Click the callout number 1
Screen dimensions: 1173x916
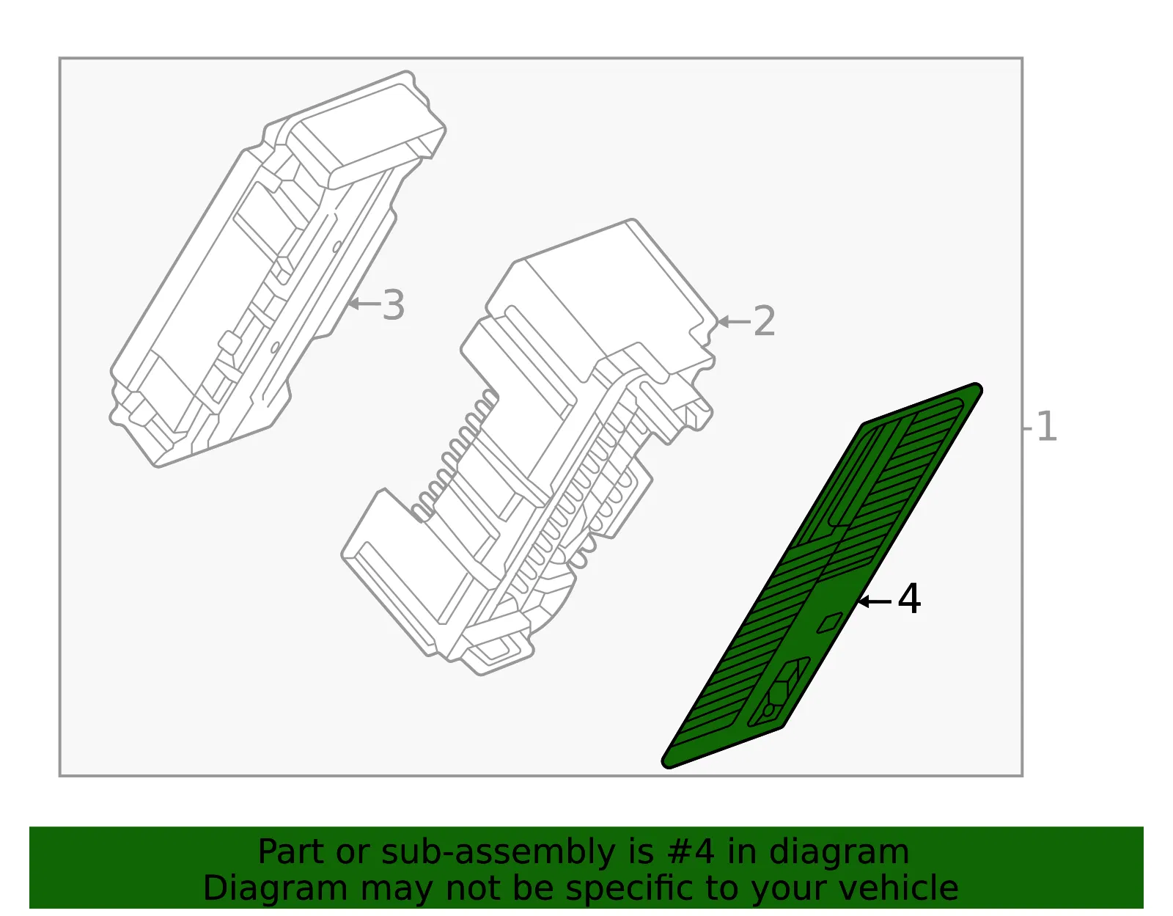pyautogui.click(x=1046, y=426)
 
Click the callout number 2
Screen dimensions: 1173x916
pyautogui.click(x=764, y=321)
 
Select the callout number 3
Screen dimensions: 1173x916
pyautogui.click(x=393, y=305)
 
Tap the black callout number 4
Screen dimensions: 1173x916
pyautogui.click(x=909, y=599)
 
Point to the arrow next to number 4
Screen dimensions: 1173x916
pyautogui.click(x=875, y=601)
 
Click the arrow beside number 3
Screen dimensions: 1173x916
pyautogui.click(x=364, y=304)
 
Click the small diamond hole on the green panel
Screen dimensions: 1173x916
pyautogui.click(x=830, y=623)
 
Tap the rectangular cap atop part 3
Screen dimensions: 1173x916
pyautogui.click(x=367, y=130)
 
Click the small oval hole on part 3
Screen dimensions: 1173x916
pyautogui.click(x=337, y=246)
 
